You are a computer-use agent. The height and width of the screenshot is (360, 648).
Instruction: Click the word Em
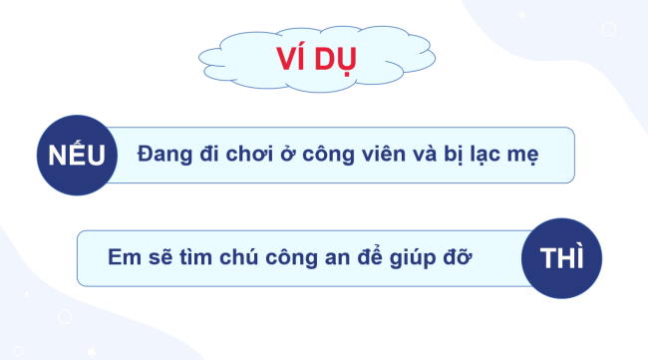click(122, 255)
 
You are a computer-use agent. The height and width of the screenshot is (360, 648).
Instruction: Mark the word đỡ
click(466, 255)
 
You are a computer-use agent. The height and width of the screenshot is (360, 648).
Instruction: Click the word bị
click(468, 156)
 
